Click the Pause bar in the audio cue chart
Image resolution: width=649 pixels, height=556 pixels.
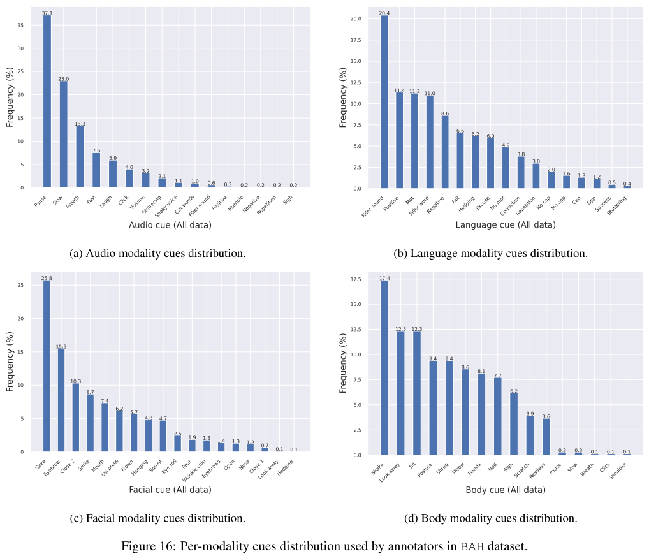47,102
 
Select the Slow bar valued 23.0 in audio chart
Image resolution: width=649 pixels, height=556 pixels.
64,135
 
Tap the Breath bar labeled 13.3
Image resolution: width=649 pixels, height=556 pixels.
80,157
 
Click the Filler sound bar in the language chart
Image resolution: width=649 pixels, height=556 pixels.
384,102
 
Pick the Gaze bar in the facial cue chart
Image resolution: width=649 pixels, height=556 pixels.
47,366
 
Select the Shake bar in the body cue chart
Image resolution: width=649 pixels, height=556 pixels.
384,367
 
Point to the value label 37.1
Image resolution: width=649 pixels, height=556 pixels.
47,13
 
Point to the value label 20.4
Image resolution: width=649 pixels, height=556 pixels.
384,13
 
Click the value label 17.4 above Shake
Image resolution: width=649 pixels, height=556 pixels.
384,277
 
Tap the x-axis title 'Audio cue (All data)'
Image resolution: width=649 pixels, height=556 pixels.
170,225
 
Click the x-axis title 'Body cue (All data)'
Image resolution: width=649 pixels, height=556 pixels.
506,490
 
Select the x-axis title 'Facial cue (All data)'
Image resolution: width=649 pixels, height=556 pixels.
170,490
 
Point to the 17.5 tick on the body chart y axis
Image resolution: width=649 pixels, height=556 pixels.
356,279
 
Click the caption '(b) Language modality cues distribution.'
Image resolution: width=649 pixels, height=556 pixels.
490,253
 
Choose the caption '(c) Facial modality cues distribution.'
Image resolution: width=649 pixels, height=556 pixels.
157,518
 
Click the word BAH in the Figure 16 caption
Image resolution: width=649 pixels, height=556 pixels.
472,546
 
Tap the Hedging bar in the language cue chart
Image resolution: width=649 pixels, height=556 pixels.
475,163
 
